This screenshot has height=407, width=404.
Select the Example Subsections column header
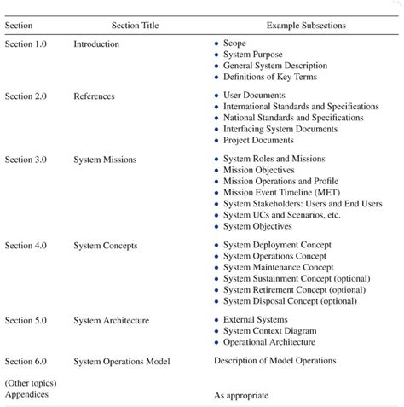(x=305, y=26)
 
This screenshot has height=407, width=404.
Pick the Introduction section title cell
(x=96, y=43)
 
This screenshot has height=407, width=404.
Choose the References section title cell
(x=94, y=96)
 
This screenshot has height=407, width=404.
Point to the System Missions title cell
(x=106, y=160)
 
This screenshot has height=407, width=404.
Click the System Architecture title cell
(x=112, y=321)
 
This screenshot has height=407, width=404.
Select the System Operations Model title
(x=122, y=361)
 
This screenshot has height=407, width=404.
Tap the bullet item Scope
(x=234, y=43)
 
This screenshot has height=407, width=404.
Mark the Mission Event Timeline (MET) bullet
(x=284, y=193)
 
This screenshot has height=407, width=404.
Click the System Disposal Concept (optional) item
(x=289, y=301)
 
